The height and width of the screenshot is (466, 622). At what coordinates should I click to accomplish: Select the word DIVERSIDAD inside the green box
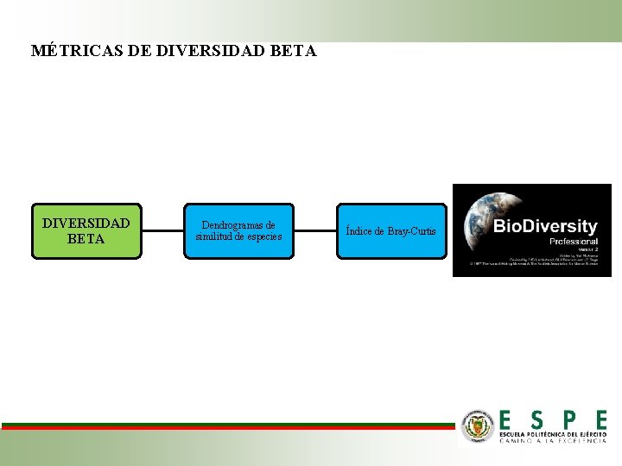tap(86, 224)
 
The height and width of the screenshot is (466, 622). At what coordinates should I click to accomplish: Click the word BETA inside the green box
tap(86, 239)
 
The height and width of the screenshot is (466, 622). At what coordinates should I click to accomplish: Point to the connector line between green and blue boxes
tap(162, 231)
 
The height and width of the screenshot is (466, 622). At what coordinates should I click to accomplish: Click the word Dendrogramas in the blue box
tap(238, 225)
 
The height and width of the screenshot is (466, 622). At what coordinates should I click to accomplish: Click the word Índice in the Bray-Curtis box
tap(360, 231)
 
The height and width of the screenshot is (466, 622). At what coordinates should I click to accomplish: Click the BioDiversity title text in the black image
tap(544, 226)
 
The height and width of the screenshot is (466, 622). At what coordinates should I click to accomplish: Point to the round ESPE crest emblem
tap(478, 426)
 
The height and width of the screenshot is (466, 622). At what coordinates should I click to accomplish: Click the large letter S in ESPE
tap(537, 419)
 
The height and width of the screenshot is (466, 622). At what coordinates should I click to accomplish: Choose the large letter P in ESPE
tap(568, 419)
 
